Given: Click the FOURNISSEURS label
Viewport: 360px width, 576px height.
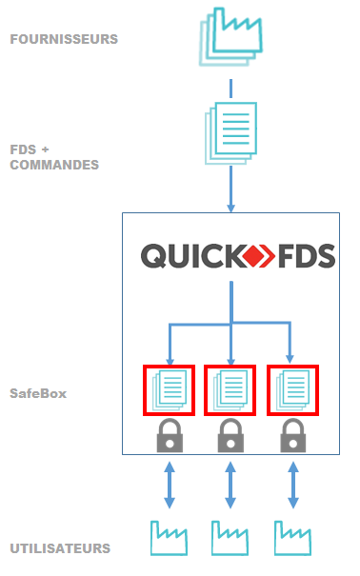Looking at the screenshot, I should click(64, 40).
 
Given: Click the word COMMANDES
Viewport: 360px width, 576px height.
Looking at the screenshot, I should click(54, 165).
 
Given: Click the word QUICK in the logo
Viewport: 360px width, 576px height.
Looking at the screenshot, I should click(190, 256).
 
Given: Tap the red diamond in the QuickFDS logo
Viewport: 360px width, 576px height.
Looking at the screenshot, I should click(256, 256).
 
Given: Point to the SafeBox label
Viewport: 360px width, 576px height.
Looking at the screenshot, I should click(38, 392).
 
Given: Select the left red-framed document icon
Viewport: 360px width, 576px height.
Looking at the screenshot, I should click(169, 390).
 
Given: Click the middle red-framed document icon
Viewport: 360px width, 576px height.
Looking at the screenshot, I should click(230, 390).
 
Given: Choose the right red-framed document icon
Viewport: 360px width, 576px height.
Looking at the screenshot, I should click(290, 390).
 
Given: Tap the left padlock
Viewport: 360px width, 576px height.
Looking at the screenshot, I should click(170, 436).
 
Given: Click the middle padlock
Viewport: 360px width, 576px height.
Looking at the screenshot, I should click(230, 436).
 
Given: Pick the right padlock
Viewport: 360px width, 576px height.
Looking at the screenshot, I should click(290, 436).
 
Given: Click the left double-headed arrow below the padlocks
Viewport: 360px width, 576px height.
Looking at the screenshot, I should click(170, 485).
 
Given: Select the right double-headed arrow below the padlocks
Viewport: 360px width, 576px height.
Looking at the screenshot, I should click(290, 485).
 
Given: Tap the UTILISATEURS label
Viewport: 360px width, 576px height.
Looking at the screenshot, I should click(60, 548).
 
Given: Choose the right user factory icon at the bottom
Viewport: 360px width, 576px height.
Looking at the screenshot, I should click(291, 539).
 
